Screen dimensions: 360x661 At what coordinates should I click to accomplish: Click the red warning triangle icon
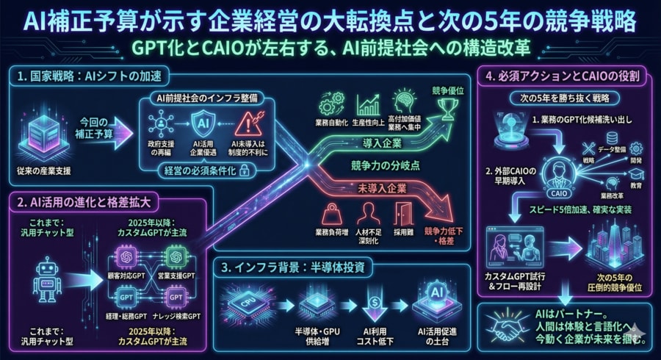coord(248,120)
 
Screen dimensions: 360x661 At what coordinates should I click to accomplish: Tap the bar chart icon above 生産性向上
coord(367,105)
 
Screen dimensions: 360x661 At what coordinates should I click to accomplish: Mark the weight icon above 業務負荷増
coord(331,213)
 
